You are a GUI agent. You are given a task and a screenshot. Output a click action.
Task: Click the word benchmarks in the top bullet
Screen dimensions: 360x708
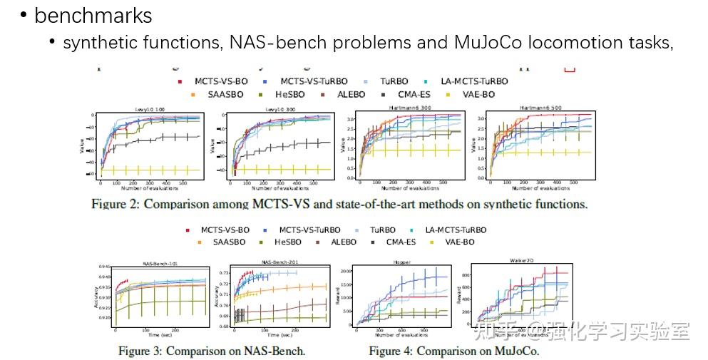click(x=93, y=15)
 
